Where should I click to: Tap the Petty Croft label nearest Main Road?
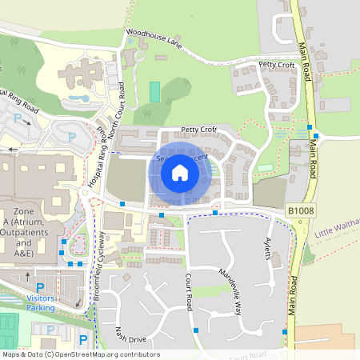point(276,65)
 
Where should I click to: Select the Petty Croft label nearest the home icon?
point(199,129)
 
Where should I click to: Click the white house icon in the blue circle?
point(180,172)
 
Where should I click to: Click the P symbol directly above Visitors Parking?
point(40,287)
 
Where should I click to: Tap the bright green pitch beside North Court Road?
point(154,91)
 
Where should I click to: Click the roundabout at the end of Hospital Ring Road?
point(85,192)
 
